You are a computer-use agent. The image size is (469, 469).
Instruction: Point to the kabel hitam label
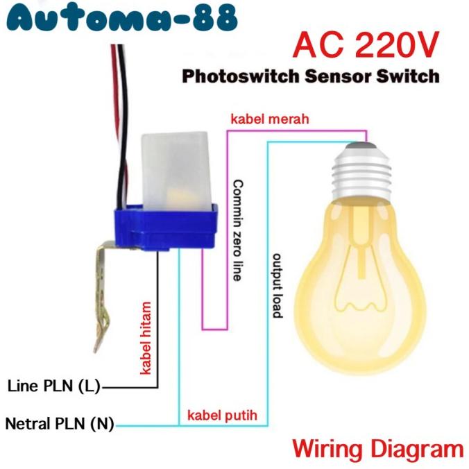(146, 336)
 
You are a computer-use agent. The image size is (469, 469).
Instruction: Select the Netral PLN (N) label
(60, 423)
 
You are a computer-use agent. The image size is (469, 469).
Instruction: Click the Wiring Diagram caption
(377, 447)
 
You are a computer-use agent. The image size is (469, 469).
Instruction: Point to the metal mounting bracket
(100, 291)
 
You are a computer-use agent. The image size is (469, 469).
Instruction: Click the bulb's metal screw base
(366, 169)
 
